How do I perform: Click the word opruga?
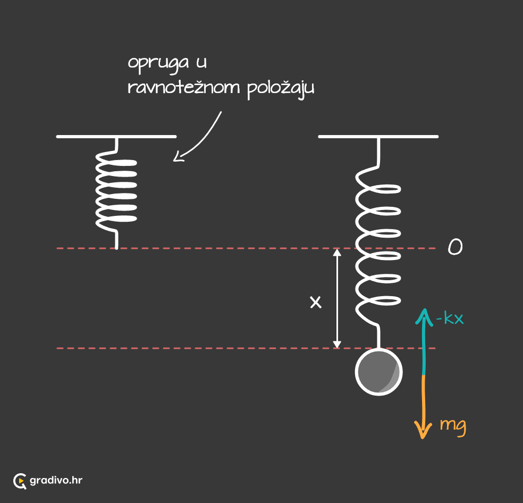(158, 64)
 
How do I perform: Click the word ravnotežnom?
(184, 87)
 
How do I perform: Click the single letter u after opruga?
(201, 62)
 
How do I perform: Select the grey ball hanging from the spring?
(378, 372)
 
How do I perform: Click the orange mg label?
(453, 426)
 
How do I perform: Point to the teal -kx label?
(450, 318)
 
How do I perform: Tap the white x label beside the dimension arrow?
(316, 302)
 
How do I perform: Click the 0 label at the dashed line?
(455, 247)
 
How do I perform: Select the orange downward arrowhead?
(423, 431)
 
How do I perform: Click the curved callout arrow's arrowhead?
(178, 157)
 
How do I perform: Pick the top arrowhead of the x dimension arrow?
(337, 253)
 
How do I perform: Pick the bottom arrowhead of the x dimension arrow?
(337, 345)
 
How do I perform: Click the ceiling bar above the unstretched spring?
(116, 137)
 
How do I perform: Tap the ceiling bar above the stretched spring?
(378, 137)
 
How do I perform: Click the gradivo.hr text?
(56, 481)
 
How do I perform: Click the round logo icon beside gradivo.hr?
(20, 481)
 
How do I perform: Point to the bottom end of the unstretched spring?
(116, 249)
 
